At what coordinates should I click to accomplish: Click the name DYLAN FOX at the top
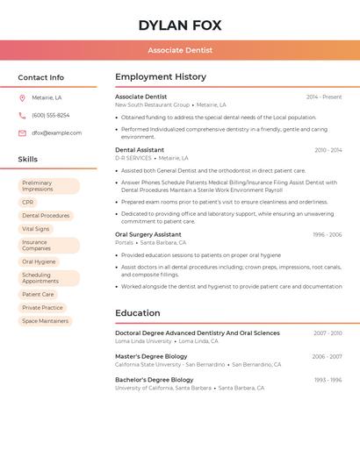coord(180,25)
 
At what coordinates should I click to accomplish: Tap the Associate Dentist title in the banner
coord(180,51)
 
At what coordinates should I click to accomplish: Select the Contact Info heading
coord(41,77)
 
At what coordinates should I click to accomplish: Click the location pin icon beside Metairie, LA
coord(22,97)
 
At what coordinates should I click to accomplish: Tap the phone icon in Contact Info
coord(22,115)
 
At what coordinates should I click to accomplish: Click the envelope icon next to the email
coord(22,132)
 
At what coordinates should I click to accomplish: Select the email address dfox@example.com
coord(56,132)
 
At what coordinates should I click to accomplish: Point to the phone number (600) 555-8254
coord(50,115)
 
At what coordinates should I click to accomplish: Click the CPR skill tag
coord(28,202)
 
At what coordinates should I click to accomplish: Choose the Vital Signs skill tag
coord(36,228)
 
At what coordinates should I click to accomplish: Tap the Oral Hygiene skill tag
coord(39,261)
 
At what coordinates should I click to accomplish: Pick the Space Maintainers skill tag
coord(45,321)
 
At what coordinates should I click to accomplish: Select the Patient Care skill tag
coord(38,295)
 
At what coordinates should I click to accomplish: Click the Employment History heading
coord(161,77)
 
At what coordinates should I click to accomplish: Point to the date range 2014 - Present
coord(324,97)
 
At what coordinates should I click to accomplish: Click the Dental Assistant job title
coord(139,150)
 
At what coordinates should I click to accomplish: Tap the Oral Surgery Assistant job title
coord(148,234)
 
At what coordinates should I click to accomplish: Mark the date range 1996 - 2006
coord(327,235)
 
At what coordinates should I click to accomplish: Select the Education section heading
coord(138,313)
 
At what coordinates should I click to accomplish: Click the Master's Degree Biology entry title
coord(151,356)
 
